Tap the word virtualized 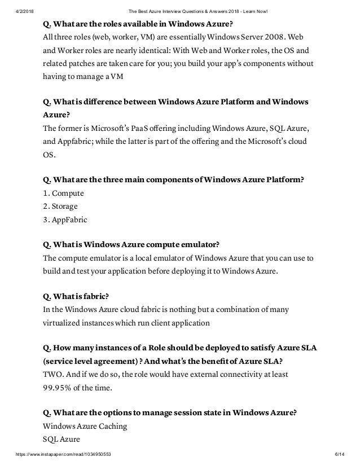click(x=65, y=323)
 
